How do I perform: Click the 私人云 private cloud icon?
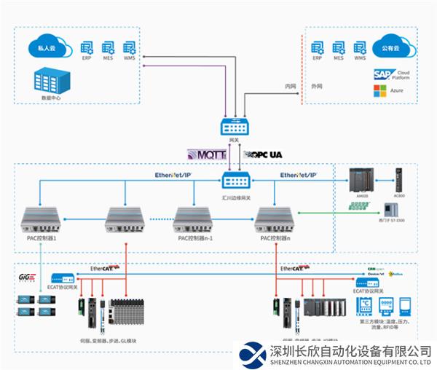47,47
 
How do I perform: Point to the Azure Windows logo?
378,91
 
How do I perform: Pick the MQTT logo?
208,154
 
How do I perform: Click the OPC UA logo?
265,154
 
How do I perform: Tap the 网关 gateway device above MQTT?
234,127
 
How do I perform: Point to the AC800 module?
398,179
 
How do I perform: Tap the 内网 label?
291,86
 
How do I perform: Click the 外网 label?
315,86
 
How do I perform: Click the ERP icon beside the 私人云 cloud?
87,47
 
